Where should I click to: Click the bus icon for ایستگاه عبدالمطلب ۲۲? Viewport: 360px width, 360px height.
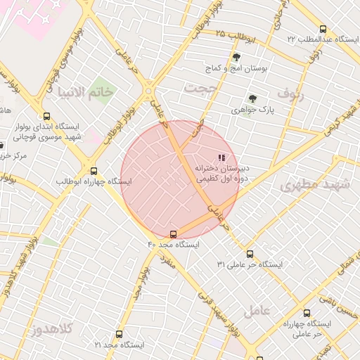[323, 30]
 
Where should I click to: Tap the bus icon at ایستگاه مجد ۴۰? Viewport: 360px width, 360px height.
[174, 234]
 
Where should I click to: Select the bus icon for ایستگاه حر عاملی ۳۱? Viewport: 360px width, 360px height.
[250, 254]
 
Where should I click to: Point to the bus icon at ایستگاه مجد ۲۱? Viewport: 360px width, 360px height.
[119, 335]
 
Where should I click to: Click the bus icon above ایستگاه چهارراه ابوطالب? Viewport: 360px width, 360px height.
[94, 171]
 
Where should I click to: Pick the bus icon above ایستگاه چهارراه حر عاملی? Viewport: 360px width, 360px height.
[307, 314]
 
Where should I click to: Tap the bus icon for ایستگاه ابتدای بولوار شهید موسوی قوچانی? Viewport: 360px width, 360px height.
[47, 117]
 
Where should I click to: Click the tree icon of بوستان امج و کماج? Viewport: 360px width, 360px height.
[236, 58]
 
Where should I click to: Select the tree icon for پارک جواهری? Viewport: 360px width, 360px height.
[252, 99]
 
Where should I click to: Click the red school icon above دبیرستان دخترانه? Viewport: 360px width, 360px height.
[221, 158]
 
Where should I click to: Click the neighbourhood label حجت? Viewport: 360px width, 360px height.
[198, 87]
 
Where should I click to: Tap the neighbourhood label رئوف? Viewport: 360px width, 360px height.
[289, 93]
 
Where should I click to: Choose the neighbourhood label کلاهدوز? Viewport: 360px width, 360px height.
[51, 329]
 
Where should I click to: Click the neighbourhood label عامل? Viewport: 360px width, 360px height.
[257, 310]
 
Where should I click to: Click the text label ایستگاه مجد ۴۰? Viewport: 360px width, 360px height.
[173, 245]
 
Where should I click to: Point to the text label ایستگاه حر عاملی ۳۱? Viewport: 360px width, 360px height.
[249, 264]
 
